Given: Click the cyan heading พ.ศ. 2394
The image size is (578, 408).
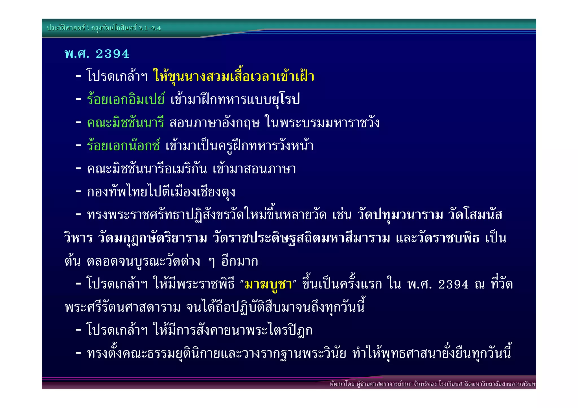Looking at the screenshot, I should (97, 54).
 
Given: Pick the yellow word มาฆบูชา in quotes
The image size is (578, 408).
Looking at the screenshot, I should (268, 284).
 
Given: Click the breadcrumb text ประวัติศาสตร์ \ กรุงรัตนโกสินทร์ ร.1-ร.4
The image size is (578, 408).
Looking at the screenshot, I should (104, 28).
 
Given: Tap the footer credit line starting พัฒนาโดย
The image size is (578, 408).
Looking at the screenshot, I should (432, 384).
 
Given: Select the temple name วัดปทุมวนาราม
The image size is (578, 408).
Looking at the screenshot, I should (400, 215).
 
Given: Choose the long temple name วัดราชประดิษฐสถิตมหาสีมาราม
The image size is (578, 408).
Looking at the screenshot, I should (301, 238).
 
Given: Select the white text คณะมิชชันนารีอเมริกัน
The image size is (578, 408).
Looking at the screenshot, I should (147, 169).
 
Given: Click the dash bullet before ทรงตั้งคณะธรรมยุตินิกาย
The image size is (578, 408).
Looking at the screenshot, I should (78, 353).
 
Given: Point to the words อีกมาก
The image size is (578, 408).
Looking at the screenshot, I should (240, 261).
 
